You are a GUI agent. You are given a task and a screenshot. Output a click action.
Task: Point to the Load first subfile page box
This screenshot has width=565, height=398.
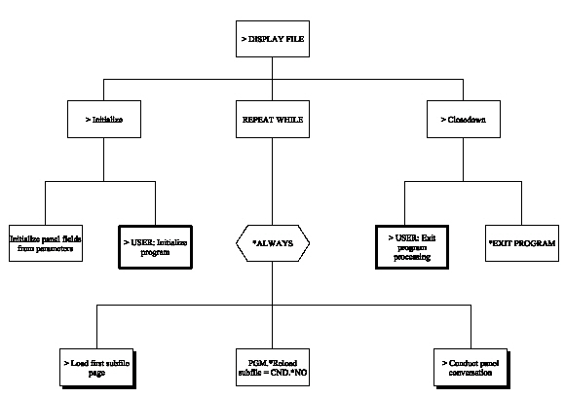(x=97, y=366)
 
